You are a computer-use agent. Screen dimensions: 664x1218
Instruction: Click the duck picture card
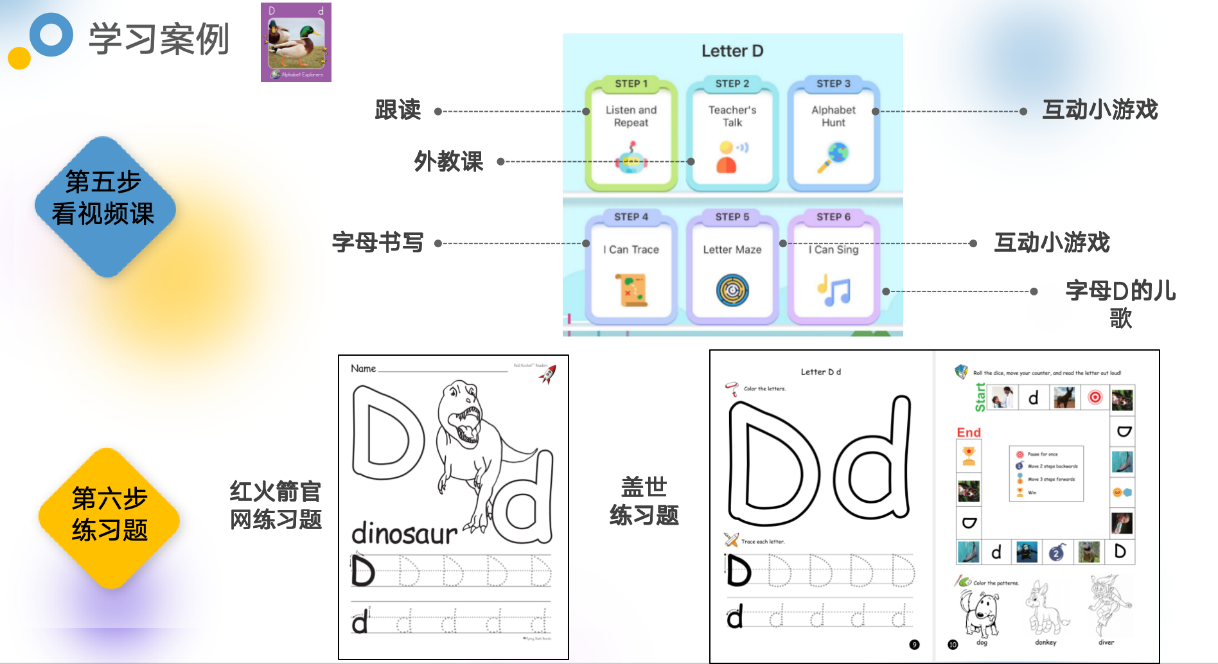tap(296, 42)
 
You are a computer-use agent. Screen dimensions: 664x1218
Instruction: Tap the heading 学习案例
tap(159, 39)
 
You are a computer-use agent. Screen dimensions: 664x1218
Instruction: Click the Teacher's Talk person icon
tap(727, 157)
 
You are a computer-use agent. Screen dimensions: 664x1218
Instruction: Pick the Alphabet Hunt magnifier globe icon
tap(833, 157)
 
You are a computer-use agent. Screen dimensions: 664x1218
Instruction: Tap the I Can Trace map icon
tap(631, 290)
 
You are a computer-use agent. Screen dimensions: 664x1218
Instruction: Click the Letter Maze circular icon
tap(732, 290)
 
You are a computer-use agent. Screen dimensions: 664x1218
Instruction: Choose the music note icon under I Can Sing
tap(833, 290)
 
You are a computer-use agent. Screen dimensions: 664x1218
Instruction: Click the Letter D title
tap(732, 51)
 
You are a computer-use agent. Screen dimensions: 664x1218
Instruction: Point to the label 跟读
tap(398, 110)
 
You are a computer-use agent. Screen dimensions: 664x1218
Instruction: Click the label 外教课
tap(448, 161)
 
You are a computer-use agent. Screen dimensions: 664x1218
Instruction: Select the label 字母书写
tap(378, 242)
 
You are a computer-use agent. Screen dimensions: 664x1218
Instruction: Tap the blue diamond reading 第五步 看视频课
tap(104, 206)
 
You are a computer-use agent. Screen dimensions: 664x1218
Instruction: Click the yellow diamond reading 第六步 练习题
tap(109, 518)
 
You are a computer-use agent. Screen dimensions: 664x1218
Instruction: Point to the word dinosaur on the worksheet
tap(404, 533)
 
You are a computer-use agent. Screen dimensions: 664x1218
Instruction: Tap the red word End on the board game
tap(969, 432)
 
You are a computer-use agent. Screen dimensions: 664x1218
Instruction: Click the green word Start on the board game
tap(980, 396)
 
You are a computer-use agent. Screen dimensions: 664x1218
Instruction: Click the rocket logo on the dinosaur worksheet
tap(547, 374)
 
